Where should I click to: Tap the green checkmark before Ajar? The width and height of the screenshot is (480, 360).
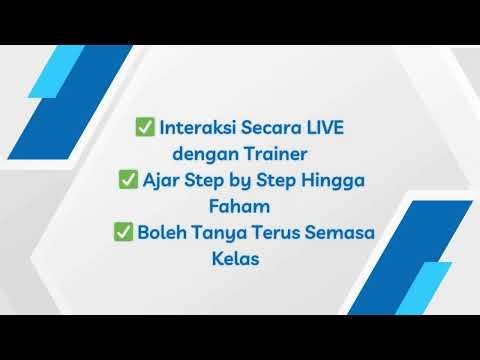(x=128, y=181)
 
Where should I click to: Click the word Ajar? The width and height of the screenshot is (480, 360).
(x=160, y=181)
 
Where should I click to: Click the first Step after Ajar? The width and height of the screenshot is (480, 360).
(x=197, y=182)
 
